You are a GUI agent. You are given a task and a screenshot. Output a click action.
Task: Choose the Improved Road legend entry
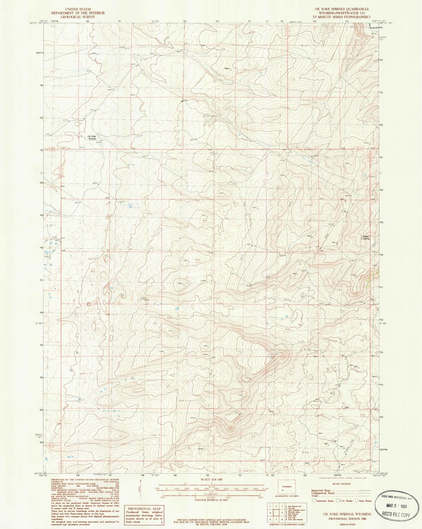point(321,490)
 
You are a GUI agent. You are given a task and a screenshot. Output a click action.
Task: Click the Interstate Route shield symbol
point(314,501)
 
